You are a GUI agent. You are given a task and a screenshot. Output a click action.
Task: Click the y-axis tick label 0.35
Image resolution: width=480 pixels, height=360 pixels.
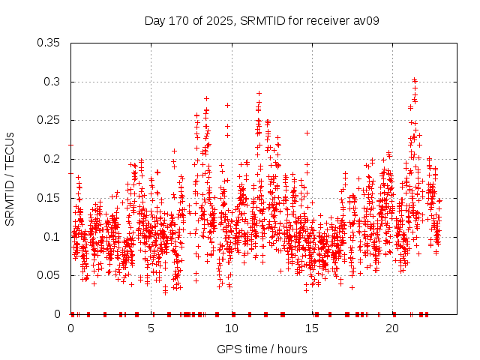50,43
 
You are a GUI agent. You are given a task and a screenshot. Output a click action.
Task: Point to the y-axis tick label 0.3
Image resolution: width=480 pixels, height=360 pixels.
53,82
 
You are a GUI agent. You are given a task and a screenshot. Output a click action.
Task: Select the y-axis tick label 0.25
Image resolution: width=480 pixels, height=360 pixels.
50,120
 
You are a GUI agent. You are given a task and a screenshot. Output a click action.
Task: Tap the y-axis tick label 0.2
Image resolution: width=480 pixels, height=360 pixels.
53,159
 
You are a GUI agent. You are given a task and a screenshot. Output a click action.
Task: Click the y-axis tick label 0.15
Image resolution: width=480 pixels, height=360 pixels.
50,198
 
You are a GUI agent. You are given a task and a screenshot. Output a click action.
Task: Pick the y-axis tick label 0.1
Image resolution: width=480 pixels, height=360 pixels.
53,237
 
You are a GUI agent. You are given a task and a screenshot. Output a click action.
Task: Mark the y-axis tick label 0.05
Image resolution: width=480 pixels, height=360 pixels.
50,275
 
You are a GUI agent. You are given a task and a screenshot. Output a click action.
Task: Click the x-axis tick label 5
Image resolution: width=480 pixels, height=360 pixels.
151,329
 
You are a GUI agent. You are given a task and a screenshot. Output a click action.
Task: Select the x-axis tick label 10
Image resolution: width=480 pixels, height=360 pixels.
232,329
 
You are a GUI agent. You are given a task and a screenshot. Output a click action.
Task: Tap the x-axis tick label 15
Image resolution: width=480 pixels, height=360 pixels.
312,329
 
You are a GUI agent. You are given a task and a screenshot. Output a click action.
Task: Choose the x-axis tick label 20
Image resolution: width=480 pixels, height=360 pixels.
393,329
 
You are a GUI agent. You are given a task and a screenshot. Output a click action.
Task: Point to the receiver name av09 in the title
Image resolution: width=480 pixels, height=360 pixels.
365,20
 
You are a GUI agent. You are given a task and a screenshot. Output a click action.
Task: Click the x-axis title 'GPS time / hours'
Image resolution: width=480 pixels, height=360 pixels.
262,349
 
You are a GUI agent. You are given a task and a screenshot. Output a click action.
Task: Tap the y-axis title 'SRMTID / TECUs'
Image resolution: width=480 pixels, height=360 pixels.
10,178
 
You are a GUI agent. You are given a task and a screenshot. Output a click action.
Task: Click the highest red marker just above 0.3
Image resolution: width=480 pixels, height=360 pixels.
414,79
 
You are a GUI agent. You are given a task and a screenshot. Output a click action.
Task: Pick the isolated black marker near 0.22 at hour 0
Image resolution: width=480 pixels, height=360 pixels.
71,144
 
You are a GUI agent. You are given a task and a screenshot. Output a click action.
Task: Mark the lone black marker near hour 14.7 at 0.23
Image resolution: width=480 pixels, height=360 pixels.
307,133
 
